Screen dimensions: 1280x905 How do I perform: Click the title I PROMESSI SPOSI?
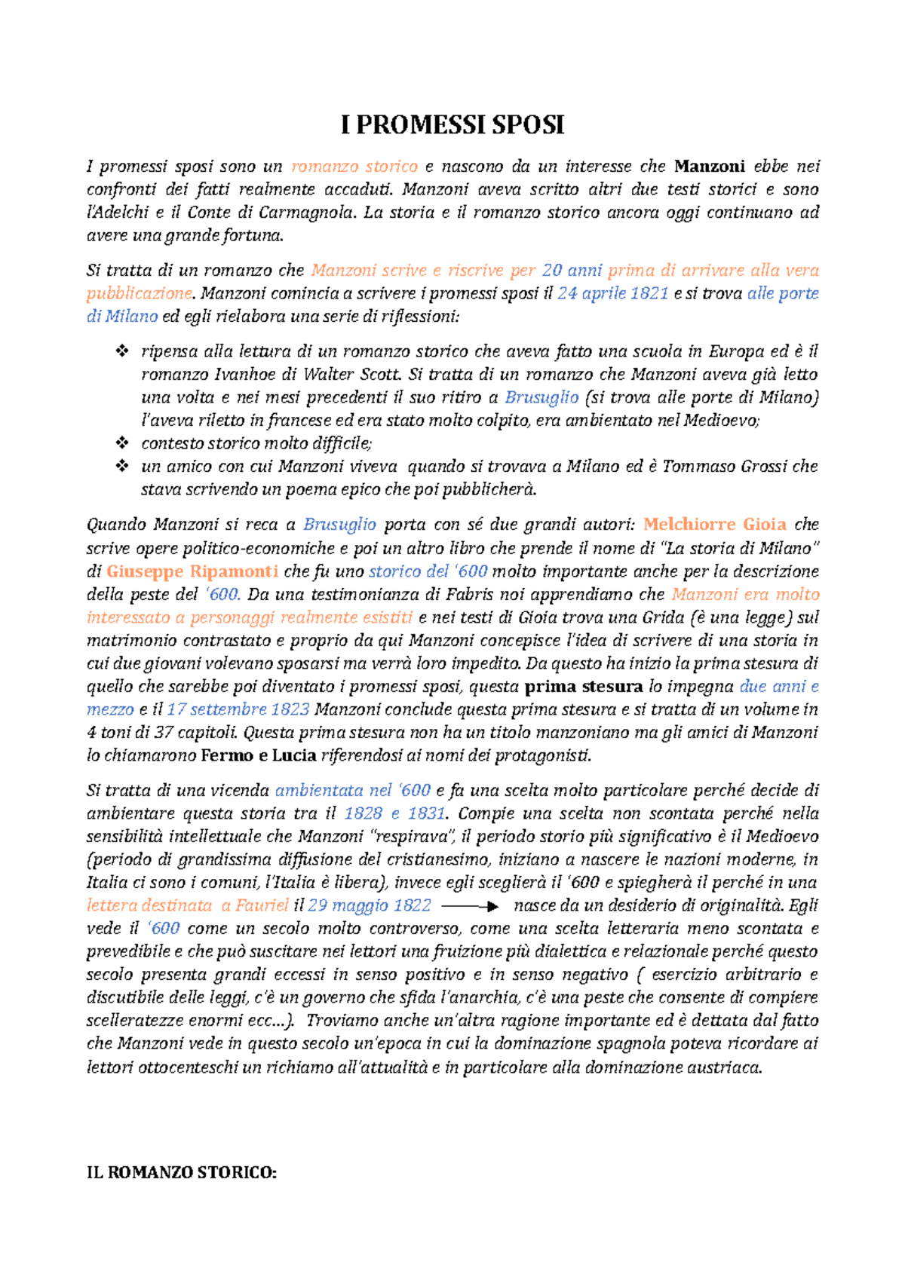pyautogui.click(x=452, y=125)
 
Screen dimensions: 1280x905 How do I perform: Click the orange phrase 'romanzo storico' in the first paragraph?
pyautogui.click(x=354, y=166)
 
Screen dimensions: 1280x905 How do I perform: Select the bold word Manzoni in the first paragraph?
pyautogui.click(x=710, y=166)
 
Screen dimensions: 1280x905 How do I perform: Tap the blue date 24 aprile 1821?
pyautogui.click(x=612, y=293)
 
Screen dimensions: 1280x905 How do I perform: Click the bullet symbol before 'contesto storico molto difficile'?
pyautogui.click(x=121, y=443)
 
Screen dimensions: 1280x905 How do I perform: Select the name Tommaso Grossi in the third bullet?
pyautogui.click(x=725, y=467)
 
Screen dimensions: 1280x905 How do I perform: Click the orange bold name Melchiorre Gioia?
pyautogui.click(x=714, y=525)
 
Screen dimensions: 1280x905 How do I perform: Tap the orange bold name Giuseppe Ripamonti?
pyautogui.click(x=192, y=571)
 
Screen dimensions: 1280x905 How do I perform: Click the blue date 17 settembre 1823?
pyautogui.click(x=238, y=709)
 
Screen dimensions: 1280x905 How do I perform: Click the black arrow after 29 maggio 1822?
pyautogui.click(x=469, y=906)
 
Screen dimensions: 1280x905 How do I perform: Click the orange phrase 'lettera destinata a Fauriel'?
pyautogui.click(x=187, y=906)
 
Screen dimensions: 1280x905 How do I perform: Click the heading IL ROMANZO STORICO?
pyautogui.click(x=182, y=1173)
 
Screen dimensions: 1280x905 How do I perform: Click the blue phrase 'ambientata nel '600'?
pyautogui.click(x=352, y=791)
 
